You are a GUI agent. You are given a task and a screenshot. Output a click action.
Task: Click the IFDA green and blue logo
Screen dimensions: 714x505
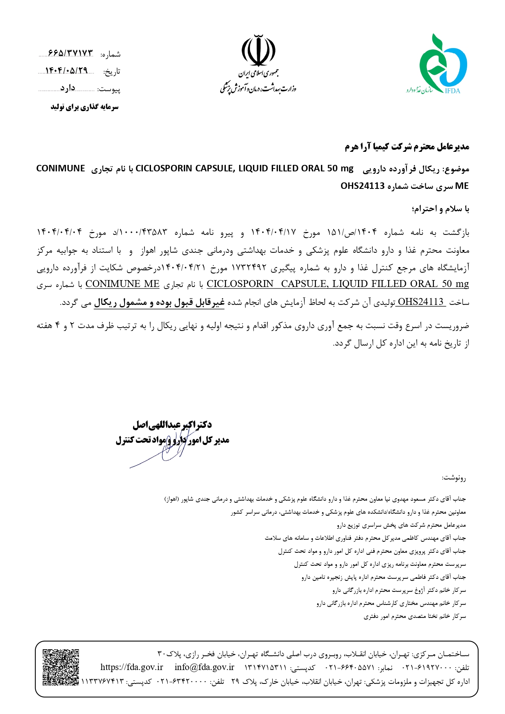point(442,63)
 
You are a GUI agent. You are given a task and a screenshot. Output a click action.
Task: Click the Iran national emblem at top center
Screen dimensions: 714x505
point(258,51)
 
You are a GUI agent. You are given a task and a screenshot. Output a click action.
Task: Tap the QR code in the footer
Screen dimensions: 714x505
point(61,667)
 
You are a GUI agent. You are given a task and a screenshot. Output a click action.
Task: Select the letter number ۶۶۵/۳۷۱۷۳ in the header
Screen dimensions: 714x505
point(70,54)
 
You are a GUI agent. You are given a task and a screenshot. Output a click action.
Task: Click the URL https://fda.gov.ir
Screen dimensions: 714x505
point(131,667)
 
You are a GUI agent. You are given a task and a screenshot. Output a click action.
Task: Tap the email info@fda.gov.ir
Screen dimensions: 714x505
point(204,667)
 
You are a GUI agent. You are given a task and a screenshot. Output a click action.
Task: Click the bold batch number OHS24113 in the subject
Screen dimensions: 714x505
point(363,186)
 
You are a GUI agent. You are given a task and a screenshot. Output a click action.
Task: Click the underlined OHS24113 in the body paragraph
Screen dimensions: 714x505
point(420,302)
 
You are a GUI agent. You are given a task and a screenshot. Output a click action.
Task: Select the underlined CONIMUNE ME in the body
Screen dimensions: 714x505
point(122,284)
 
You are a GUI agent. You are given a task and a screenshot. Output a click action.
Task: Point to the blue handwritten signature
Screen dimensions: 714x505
point(163,452)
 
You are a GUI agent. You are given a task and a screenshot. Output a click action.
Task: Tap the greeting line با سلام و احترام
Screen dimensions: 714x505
point(441,209)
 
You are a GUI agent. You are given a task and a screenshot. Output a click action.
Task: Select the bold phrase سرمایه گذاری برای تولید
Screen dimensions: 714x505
point(85,107)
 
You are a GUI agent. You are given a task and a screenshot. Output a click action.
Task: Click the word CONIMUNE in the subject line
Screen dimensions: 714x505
point(61,169)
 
